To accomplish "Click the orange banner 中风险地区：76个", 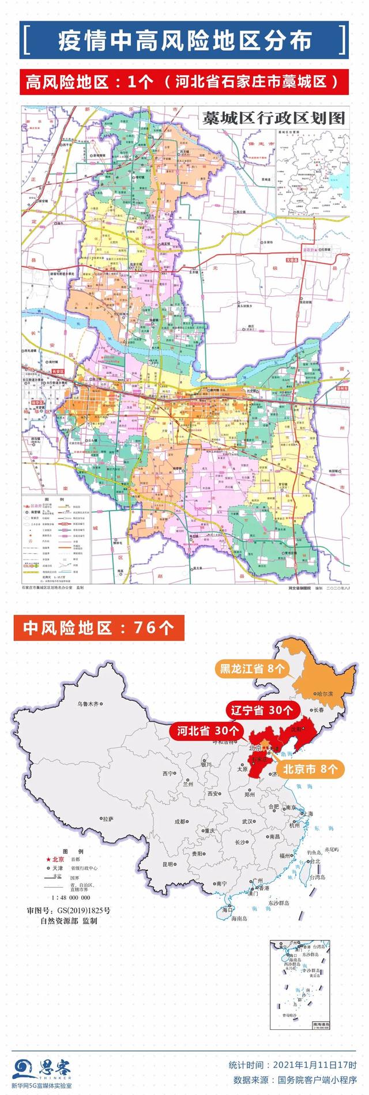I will coord(99,628).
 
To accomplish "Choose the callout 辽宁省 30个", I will coord(262,710).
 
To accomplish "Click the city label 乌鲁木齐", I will coord(93,704).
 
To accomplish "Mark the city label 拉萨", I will coord(107,818).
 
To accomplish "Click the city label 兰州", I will coord(188,784).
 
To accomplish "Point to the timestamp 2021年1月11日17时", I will coord(314,1064).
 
